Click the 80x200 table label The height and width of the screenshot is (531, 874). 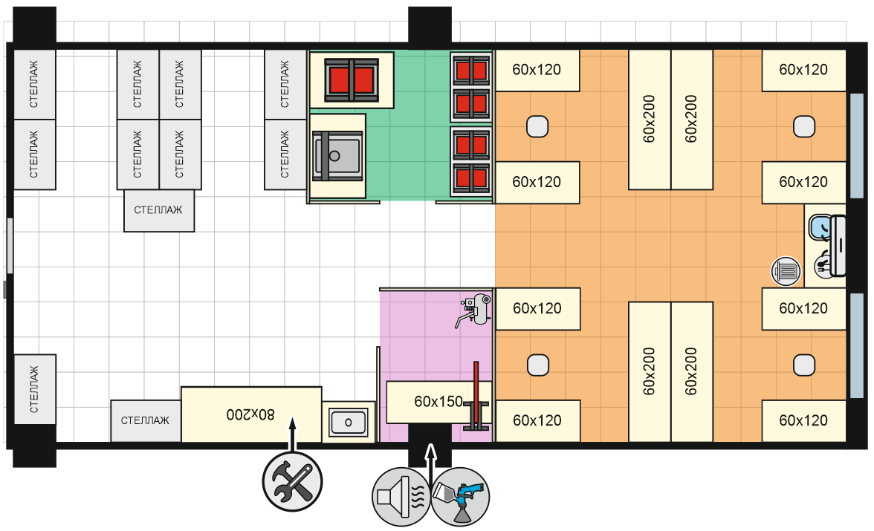click(x=250, y=414)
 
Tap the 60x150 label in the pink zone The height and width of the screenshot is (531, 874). click(x=438, y=401)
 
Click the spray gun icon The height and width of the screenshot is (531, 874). click(x=460, y=496)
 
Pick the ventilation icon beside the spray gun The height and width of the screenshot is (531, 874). click(x=401, y=496)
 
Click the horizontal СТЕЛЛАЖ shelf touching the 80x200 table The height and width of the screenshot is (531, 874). click(x=146, y=420)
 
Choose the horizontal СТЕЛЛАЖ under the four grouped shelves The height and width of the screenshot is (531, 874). click(x=159, y=211)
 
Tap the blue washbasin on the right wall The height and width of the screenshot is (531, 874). click(x=820, y=227)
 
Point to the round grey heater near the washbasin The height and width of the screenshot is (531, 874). click(x=786, y=271)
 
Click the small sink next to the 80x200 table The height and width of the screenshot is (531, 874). click(x=349, y=422)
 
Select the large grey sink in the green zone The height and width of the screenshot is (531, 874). click(x=337, y=156)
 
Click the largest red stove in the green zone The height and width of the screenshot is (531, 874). click(x=352, y=79)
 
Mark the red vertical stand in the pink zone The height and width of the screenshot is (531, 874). click(x=476, y=396)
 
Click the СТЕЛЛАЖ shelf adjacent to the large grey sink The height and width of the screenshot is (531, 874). click(x=285, y=155)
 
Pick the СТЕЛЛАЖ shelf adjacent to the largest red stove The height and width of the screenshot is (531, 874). click(x=285, y=85)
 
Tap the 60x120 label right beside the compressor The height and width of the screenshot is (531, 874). click(x=537, y=308)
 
